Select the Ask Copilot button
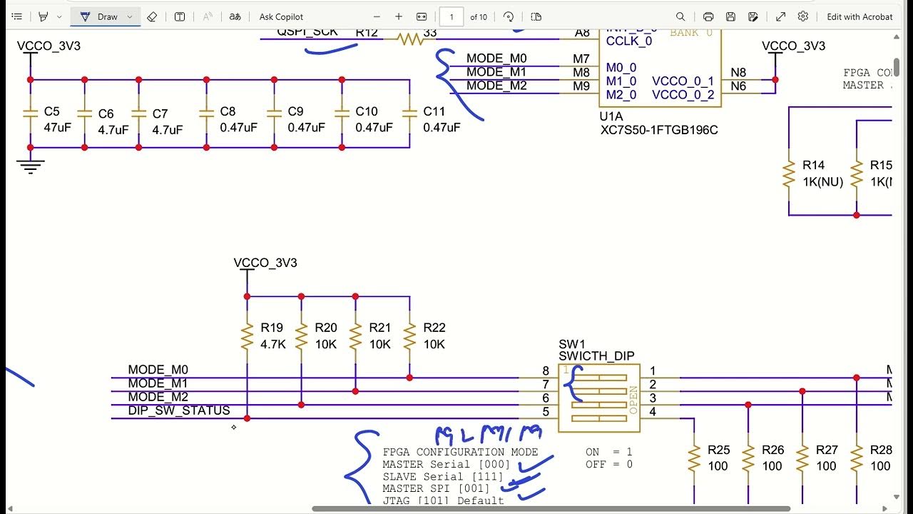[281, 16]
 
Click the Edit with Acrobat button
[859, 16]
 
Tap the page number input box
[451, 16]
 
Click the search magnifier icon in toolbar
[680, 16]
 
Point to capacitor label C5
[52, 111]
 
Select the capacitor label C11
[434, 111]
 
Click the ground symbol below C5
[30, 166]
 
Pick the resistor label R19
[272, 328]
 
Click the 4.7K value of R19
[273, 344]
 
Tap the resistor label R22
[434, 328]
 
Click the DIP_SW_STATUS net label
[179, 410]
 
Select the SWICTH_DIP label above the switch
[596, 356]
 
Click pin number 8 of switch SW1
[546, 371]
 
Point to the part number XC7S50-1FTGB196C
[660, 131]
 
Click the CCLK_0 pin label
[628, 41]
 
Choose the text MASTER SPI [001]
[436, 488]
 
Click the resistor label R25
[718, 450]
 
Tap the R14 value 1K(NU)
[822, 182]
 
